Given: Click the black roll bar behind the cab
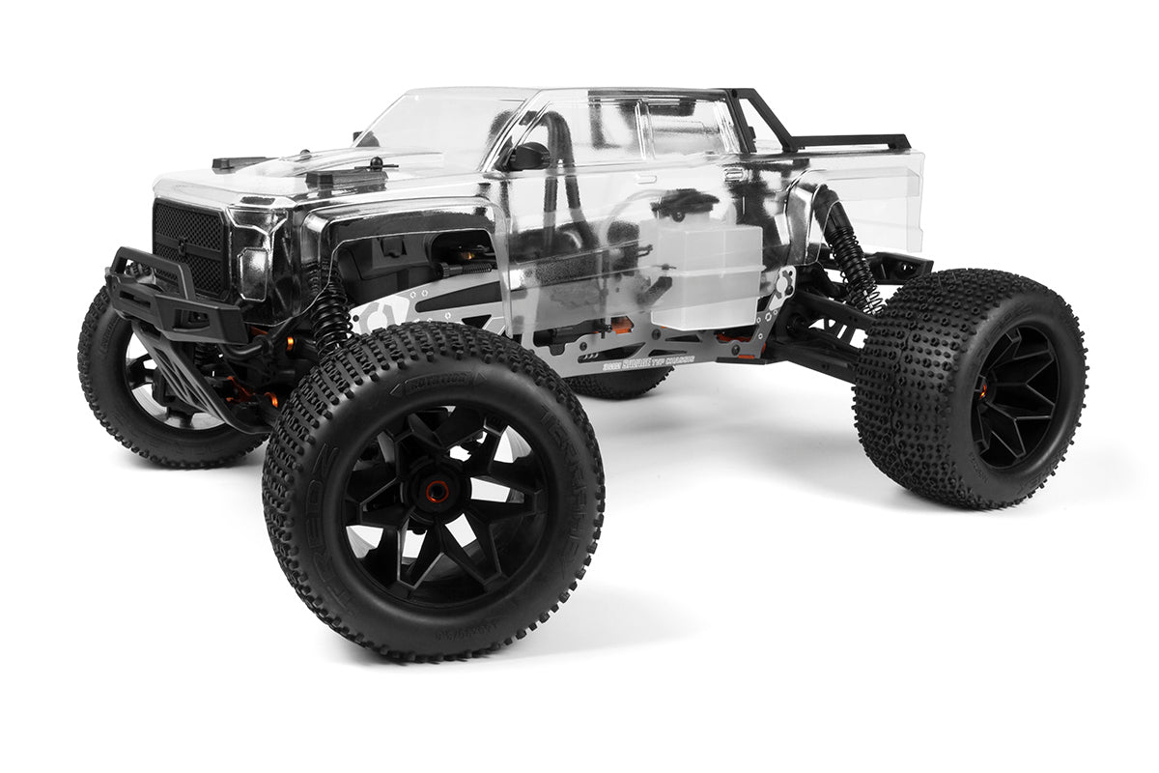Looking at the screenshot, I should pos(763,121).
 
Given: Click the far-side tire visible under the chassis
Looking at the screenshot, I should pos(618,384).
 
